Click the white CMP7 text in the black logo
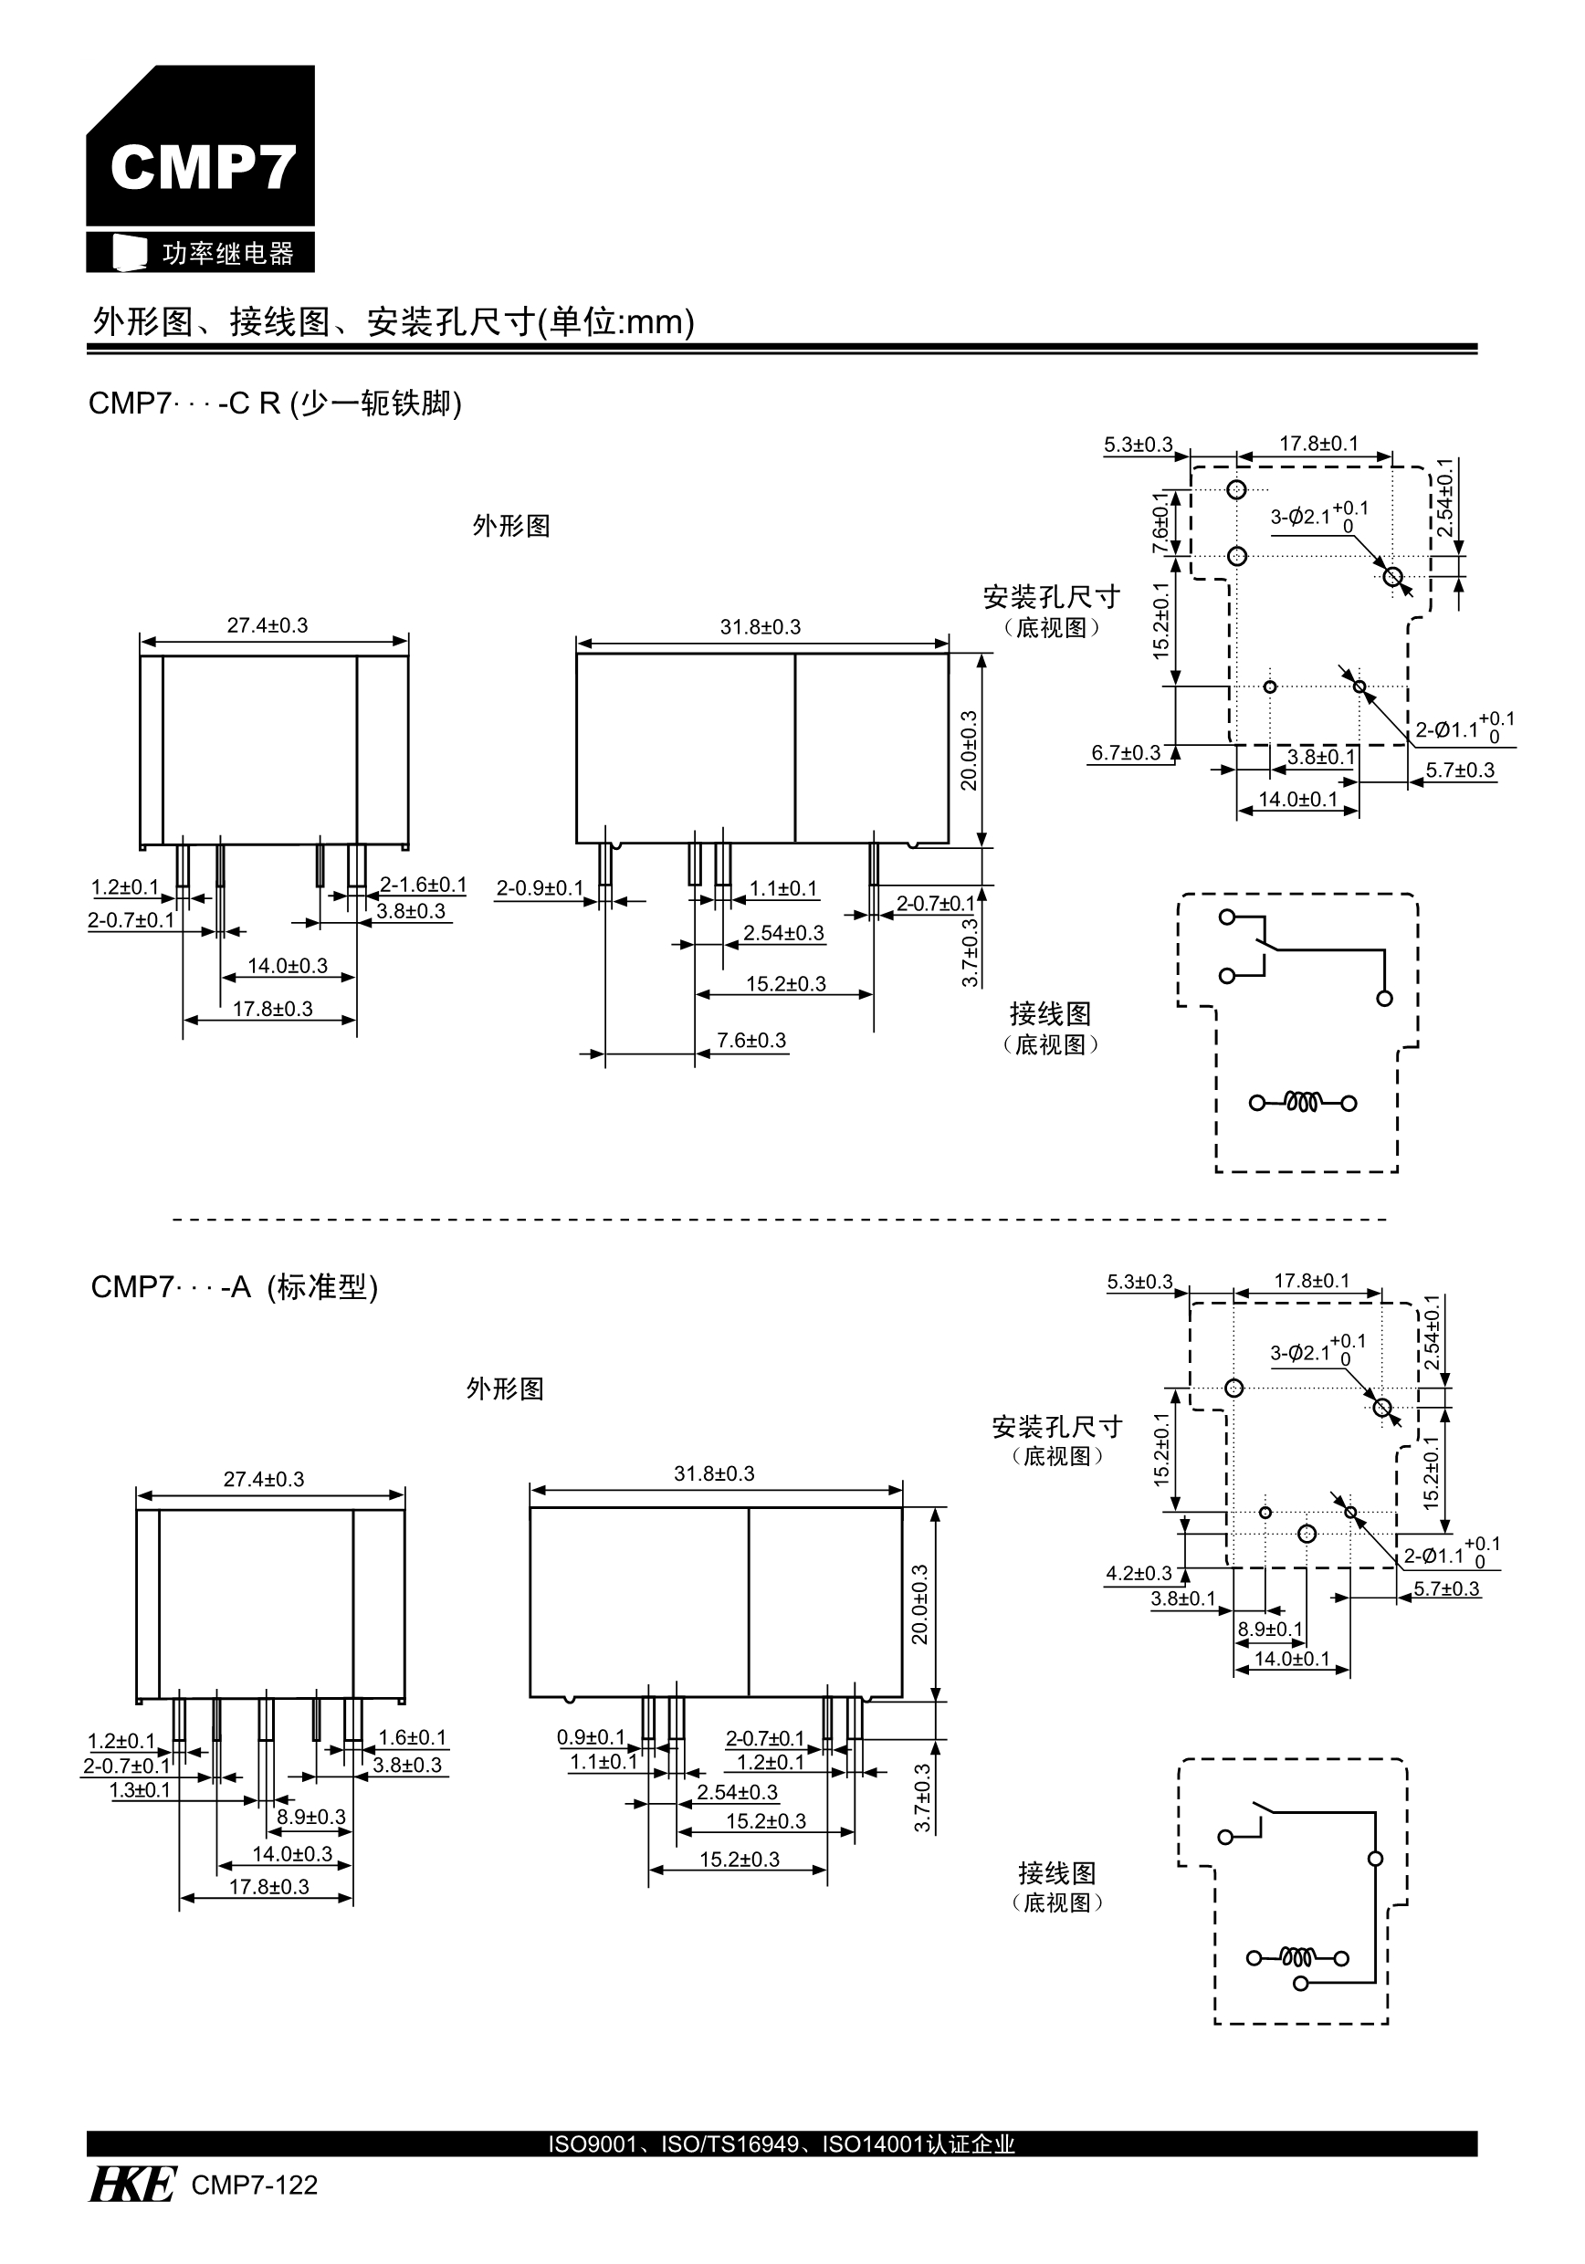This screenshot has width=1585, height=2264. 202,167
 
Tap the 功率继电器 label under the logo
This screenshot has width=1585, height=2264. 228,254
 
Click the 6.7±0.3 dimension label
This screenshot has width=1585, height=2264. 1126,753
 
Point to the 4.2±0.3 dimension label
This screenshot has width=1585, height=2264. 1139,1574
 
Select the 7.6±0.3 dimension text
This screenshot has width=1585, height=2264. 751,1041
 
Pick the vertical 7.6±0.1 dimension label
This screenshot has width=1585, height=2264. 1160,522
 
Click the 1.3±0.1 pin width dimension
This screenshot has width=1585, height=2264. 139,1789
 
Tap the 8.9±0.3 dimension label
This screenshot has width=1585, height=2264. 310,1817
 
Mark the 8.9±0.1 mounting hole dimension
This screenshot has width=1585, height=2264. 1270,1629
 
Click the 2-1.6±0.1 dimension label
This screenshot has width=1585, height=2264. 423,886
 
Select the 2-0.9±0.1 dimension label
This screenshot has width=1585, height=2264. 540,888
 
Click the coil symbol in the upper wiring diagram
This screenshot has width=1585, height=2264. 1302,1103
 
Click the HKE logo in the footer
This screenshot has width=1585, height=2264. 132,2185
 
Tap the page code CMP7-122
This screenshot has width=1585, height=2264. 255,2185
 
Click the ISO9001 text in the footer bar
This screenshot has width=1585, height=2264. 592,2143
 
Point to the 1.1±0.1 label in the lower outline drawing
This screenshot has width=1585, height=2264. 603,1762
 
